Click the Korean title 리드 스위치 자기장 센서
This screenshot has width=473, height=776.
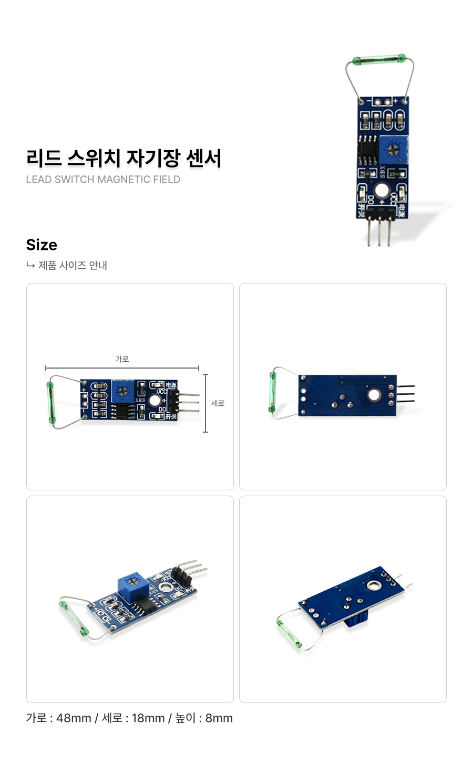pyautogui.click(x=124, y=158)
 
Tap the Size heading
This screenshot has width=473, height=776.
pyautogui.click(x=42, y=245)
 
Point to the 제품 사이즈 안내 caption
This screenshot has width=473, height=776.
pyautogui.click(x=73, y=266)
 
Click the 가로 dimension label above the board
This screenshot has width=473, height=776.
pyautogui.click(x=122, y=359)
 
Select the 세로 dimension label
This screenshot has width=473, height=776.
pyautogui.click(x=218, y=403)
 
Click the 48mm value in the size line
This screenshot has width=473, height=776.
pyautogui.click(x=74, y=718)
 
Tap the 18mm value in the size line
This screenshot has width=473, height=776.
pyautogui.click(x=148, y=718)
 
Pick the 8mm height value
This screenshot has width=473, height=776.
pyautogui.click(x=219, y=718)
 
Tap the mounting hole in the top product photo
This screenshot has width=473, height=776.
pyautogui.click(x=382, y=191)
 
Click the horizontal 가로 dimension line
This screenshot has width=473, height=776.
pyautogui.click(x=122, y=368)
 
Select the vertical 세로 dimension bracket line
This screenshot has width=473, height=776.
pyautogui.click(x=205, y=403)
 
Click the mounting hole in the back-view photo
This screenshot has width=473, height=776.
pyautogui.click(x=374, y=394)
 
